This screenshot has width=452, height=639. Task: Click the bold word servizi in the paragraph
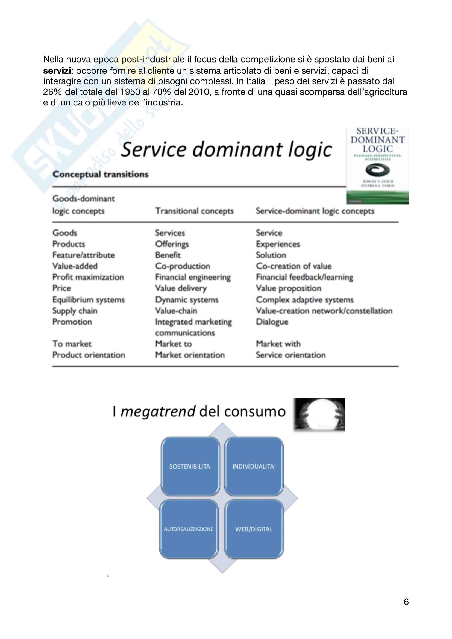pyautogui.click(x=57, y=71)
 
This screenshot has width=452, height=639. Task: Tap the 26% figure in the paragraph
pyautogui.click(x=52, y=92)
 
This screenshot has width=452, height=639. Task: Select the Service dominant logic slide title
pyautogui.click(x=226, y=149)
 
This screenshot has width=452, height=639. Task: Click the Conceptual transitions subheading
pyautogui.click(x=101, y=174)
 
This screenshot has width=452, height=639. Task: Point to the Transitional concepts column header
pyautogui.click(x=194, y=211)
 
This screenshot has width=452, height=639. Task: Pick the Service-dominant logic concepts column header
pyautogui.click(x=315, y=211)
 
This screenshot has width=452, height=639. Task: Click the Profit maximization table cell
pyautogui.click(x=88, y=277)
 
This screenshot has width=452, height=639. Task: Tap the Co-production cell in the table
pyautogui.click(x=183, y=266)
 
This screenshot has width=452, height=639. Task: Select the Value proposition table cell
pyautogui.click(x=288, y=288)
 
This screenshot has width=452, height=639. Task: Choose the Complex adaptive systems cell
pyautogui.click(x=304, y=300)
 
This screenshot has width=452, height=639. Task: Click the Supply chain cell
pyautogui.click(x=75, y=311)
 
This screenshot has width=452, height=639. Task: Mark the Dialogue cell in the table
pyautogui.click(x=272, y=322)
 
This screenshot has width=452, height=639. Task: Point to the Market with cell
pyautogui.click(x=278, y=344)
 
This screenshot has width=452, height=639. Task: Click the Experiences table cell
pyautogui.click(x=278, y=244)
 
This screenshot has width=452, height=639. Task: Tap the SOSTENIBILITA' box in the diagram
pyautogui.click(x=190, y=466)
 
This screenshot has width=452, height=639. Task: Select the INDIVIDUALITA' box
pyautogui.click(x=254, y=466)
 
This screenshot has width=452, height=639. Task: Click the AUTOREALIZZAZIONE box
pyautogui.click(x=189, y=529)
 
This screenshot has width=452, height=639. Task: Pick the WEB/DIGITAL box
pyautogui.click(x=254, y=529)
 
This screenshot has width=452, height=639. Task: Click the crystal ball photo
pyautogui.click(x=319, y=415)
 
